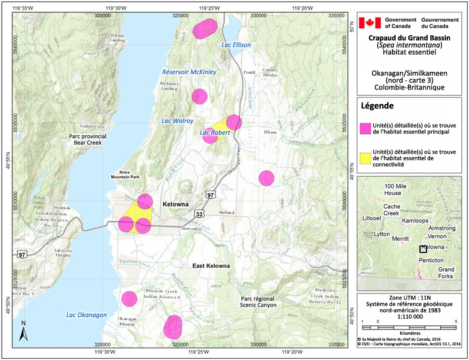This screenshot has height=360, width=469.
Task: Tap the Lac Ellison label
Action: coord(236,45)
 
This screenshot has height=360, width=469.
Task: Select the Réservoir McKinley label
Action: coord(189,72)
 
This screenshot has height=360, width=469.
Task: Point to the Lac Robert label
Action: coord(215,133)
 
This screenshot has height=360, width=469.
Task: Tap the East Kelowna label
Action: coord(211,266)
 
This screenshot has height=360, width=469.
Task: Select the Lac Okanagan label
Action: coord(87,315)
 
